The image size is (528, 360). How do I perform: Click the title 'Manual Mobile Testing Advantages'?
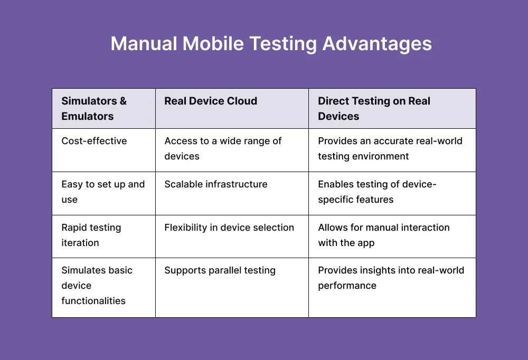[271, 44]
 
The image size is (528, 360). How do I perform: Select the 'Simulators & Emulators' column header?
[94, 109]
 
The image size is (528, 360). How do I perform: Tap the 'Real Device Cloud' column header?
[211, 101]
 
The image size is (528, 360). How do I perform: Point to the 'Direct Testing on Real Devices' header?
[374, 109]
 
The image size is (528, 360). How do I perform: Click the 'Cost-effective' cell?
[94, 141]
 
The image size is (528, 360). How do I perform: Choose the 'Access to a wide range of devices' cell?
[223, 148]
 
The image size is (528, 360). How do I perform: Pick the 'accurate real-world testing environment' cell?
[390, 148]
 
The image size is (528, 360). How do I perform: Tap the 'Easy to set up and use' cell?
[102, 192]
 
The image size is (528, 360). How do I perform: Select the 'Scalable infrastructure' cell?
[215, 184]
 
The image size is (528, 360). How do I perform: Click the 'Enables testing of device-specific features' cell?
[377, 192]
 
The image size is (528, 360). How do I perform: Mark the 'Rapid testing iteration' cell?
[91, 235]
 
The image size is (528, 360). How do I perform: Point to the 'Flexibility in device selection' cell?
[229, 228]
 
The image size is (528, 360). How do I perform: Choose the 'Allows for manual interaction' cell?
[383, 235]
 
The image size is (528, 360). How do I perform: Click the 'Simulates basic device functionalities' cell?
[97, 286]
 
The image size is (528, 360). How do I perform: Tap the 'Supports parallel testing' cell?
[220, 270]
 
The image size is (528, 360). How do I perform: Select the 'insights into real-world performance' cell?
[391, 278]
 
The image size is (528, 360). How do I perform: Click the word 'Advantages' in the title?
[377, 44]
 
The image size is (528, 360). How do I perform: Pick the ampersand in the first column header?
[122, 101]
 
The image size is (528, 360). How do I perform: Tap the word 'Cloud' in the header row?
[242, 101]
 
